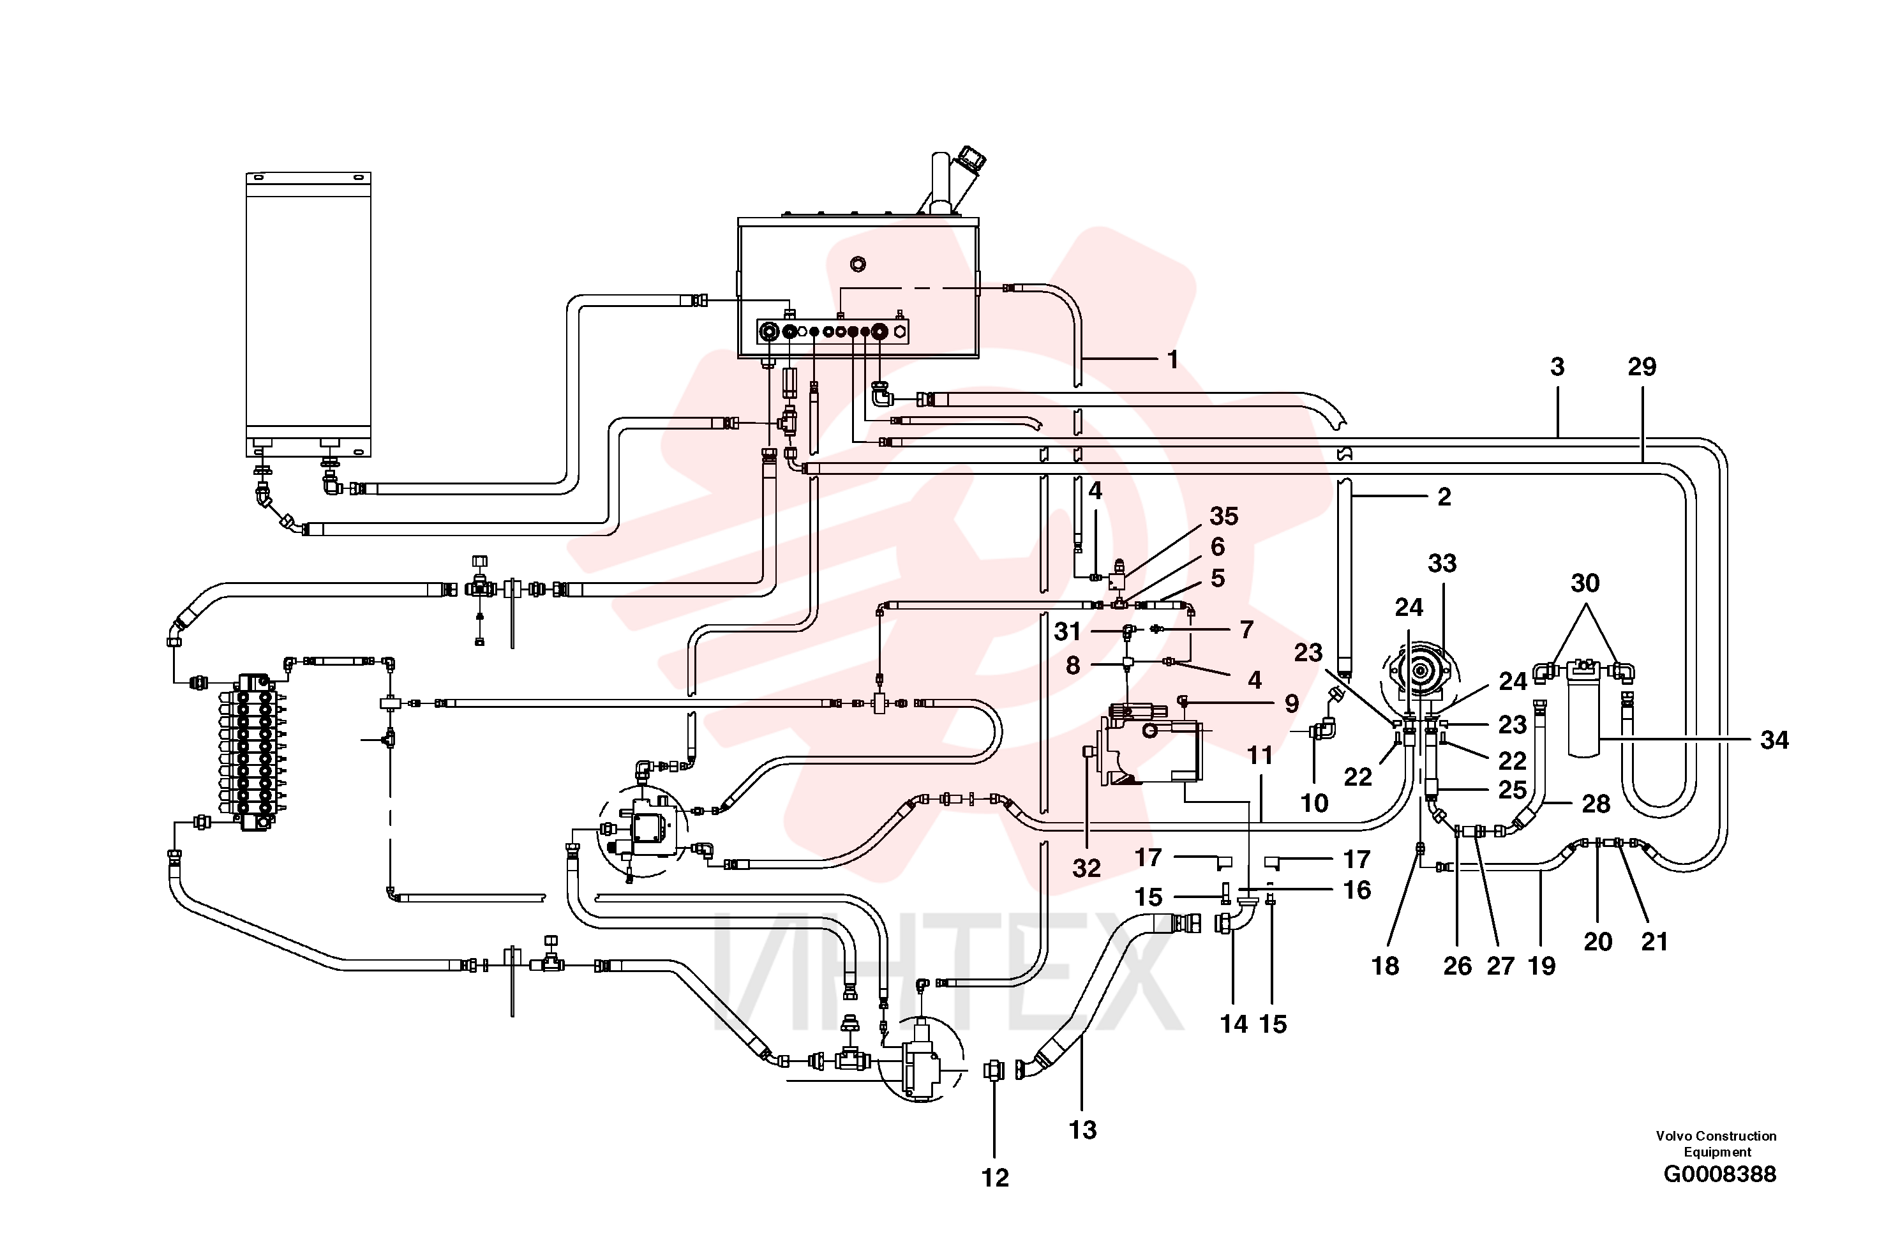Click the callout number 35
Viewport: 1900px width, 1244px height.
(x=1223, y=516)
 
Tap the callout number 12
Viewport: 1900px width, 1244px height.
(x=995, y=1177)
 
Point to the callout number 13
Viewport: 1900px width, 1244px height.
(x=1082, y=1130)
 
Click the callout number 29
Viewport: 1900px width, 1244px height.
(x=1642, y=366)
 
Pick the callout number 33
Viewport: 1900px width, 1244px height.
(x=1442, y=563)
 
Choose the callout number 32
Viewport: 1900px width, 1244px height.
(x=1086, y=868)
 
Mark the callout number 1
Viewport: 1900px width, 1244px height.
(x=1172, y=360)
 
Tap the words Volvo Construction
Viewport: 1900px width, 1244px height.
(x=1716, y=1135)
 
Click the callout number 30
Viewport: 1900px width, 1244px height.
(x=1585, y=583)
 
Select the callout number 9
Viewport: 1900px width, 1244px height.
(x=1292, y=703)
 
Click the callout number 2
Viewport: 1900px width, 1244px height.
(x=1444, y=497)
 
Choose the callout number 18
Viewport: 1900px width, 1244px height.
(x=1385, y=966)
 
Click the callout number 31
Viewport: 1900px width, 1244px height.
(x=1067, y=632)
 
